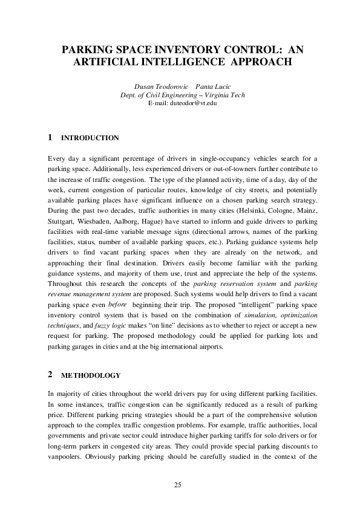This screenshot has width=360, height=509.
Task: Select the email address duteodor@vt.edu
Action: [x=182, y=103]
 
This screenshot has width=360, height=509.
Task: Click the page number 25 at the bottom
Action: [x=178, y=484]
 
